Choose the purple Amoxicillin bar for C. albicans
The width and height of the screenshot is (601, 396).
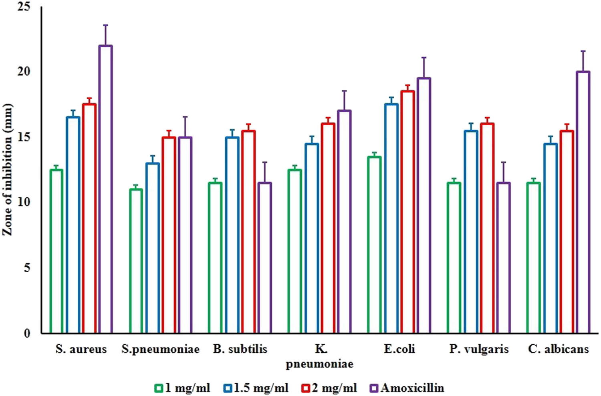[x=583, y=202]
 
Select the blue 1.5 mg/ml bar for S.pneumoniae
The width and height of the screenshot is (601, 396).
[x=152, y=248]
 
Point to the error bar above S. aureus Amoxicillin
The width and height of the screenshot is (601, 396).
[x=105, y=35]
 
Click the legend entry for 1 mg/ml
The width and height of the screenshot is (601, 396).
[x=182, y=388]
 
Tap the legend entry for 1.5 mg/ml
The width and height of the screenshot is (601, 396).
[x=256, y=388]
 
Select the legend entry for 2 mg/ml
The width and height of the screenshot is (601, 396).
[x=329, y=388]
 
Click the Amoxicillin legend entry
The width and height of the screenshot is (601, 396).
[x=407, y=388]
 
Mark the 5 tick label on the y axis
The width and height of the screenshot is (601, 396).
[x=27, y=267]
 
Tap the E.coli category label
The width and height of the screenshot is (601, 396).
[x=399, y=349]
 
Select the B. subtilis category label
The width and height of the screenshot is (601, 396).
[x=240, y=349]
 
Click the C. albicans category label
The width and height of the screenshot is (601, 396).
[x=558, y=349]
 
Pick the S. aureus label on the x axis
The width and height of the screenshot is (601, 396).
[x=81, y=349]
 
